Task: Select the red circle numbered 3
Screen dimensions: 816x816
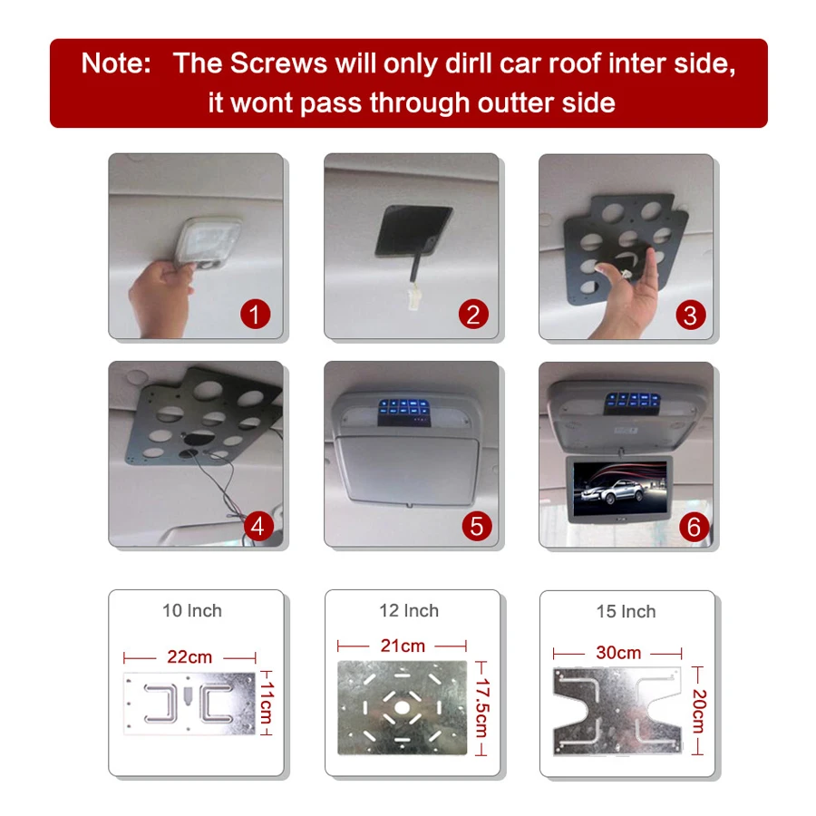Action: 691,315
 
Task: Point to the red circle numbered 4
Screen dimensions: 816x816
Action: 257,526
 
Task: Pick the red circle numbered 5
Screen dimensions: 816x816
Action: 477,525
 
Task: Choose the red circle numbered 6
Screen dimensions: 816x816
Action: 694,527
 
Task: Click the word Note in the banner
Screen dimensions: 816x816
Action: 116,63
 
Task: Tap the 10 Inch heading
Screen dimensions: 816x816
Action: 191,610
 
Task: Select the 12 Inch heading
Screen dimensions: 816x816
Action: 408,611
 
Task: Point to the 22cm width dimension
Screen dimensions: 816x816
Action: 189,656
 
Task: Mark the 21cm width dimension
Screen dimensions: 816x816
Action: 403,646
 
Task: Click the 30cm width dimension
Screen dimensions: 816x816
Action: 618,653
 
